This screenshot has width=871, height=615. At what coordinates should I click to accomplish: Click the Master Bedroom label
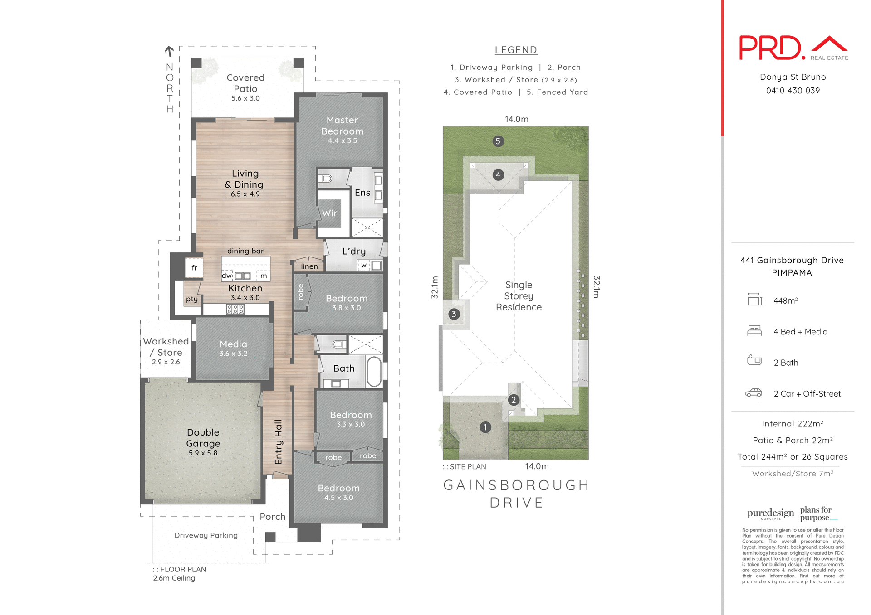point(342,126)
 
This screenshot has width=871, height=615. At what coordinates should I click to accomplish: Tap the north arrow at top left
point(169,51)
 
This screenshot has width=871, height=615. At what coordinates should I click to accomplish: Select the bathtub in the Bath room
point(374,372)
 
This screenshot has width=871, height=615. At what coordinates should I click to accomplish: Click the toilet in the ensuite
point(326,179)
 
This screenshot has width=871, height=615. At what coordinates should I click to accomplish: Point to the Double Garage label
point(203,438)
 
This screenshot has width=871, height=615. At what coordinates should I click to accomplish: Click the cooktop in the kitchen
point(235,309)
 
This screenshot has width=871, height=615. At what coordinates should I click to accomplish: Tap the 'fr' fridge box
point(194,268)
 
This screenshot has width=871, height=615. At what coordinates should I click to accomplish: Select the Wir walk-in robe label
point(329,213)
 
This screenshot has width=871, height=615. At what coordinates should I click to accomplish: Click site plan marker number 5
point(498,141)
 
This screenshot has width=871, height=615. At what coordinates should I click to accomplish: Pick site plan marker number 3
point(454,314)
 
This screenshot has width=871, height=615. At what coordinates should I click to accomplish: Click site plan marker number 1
point(485,427)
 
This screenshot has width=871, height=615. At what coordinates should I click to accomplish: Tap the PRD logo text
point(770,48)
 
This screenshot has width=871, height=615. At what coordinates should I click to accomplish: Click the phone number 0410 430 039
point(793,91)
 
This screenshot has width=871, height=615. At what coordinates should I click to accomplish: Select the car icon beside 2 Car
point(754,393)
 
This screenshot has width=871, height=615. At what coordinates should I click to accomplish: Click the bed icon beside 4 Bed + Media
point(754,331)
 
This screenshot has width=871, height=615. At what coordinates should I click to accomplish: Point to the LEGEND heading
point(516,50)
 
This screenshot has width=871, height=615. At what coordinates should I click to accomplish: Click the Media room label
point(233,344)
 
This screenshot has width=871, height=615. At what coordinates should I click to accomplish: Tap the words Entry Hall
point(279,441)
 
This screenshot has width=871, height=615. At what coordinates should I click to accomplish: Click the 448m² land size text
point(785,300)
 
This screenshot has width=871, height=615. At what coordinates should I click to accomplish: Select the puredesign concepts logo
point(770,513)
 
